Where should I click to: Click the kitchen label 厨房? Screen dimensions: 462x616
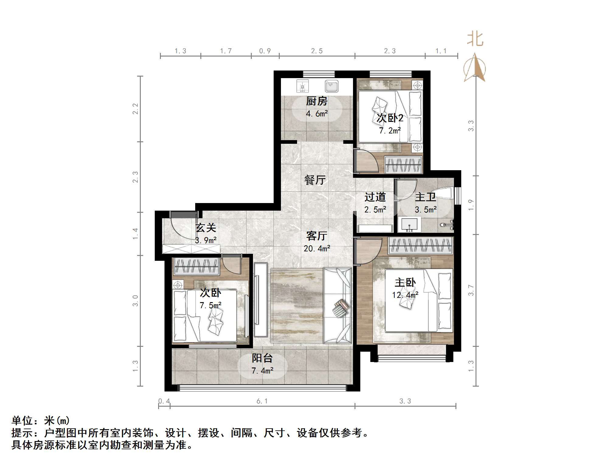(317, 101)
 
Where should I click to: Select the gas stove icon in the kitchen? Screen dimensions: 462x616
(303, 86)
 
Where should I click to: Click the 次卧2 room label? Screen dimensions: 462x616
(390, 118)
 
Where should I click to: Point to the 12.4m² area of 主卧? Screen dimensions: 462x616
(405, 295)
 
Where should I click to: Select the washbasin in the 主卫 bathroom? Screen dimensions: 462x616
(409, 224)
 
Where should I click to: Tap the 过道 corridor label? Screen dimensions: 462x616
(375, 197)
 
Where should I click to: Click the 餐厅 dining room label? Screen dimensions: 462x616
(315, 180)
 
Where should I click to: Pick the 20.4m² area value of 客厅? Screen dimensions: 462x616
(317, 249)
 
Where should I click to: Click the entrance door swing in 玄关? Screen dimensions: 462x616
(182, 226)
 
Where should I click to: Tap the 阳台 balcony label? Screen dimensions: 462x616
(262, 358)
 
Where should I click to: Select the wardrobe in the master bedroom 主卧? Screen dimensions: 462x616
(421, 246)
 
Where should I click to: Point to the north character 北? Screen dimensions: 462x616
(475, 40)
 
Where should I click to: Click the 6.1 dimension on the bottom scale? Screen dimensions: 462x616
(262, 401)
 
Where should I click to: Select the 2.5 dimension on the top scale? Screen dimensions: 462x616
(317, 51)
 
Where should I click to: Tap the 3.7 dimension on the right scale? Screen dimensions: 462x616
(471, 290)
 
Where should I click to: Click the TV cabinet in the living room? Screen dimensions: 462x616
(261, 299)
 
